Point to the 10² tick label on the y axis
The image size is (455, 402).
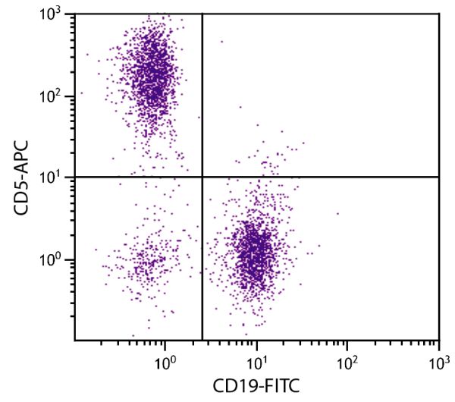[58, 97]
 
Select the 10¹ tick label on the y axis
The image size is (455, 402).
[58, 177]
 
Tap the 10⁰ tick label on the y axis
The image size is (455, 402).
[58, 259]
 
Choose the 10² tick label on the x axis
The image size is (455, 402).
[347, 356]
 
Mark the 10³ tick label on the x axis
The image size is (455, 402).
[438, 356]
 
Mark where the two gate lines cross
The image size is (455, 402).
[202, 177]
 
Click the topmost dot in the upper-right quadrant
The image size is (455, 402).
[222, 42]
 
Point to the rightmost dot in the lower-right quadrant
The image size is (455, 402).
[338, 213]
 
